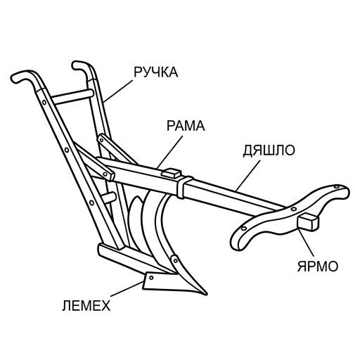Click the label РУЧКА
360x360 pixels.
point(156,72)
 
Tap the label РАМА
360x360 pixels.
point(186,125)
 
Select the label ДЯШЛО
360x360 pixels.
point(269,150)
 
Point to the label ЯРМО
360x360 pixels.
point(318,266)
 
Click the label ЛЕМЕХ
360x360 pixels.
point(86,305)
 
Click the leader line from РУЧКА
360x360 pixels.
point(117,91)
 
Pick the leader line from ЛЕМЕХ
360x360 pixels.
point(126,290)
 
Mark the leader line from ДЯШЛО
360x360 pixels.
point(248,175)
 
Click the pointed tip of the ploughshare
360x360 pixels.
point(206,294)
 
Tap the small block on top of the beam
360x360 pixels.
point(172,173)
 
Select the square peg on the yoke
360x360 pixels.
point(308,222)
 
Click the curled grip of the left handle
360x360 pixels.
point(22,75)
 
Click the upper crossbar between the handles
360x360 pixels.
point(72,96)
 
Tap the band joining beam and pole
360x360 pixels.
point(184,187)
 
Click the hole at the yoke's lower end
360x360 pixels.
point(244,228)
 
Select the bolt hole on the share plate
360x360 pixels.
point(151,278)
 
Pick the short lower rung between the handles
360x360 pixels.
point(110,198)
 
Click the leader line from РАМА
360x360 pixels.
point(169,152)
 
